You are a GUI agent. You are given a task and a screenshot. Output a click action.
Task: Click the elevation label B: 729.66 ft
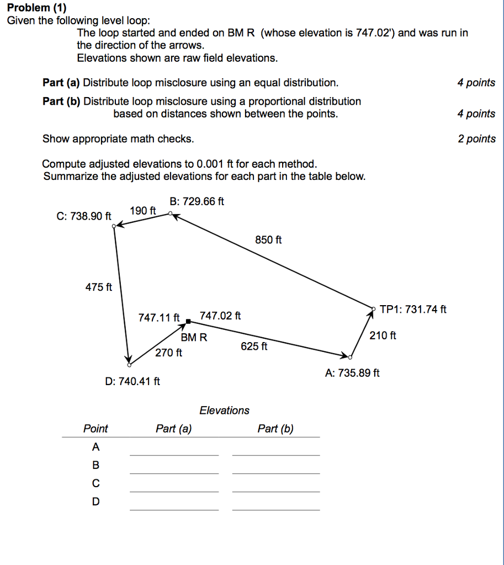(x=197, y=201)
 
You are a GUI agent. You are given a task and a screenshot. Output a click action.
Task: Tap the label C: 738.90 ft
(x=83, y=216)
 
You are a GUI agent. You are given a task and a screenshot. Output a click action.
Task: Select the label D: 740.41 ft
(x=132, y=381)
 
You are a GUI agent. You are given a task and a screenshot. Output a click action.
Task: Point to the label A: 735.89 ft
(x=352, y=373)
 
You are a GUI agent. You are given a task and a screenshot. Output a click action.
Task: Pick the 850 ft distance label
(x=268, y=240)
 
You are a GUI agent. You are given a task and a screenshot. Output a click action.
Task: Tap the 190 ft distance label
(x=143, y=211)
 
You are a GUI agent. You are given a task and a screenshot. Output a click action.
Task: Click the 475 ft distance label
(x=99, y=287)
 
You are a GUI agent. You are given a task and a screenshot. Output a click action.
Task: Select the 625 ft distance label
(x=254, y=347)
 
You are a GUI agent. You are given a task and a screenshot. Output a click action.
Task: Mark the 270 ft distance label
(x=168, y=353)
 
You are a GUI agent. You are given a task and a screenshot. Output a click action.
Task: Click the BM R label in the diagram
(x=194, y=338)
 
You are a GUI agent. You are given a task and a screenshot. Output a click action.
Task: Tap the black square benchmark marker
(x=188, y=321)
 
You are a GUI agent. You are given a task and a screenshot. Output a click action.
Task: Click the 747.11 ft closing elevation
(x=159, y=317)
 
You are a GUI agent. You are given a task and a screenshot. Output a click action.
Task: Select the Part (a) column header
(x=174, y=429)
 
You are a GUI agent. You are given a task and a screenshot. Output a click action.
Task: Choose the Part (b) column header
(x=275, y=429)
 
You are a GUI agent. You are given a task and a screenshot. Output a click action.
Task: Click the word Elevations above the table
(x=224, y=411)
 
